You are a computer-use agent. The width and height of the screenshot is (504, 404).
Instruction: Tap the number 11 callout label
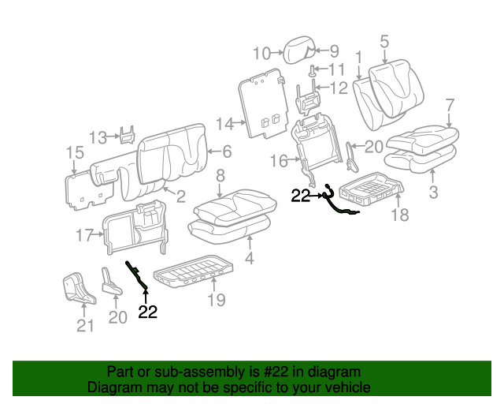click(x=336, y=70)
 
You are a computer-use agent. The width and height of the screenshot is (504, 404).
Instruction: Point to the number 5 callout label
click(x=384, y=42)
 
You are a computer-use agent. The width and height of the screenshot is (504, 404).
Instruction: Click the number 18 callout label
click(x=400, y=215)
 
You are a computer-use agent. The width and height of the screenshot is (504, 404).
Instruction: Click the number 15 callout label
click(x=74, y=153)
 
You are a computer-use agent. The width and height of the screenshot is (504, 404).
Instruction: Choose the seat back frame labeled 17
click(x=134, y=229)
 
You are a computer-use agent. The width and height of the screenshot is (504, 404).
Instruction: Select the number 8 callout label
click(x=220, y=175)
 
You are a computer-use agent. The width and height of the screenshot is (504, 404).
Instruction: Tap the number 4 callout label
click(x=250, y=258)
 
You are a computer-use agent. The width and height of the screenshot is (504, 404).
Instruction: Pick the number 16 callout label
click(x=280, y=162)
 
